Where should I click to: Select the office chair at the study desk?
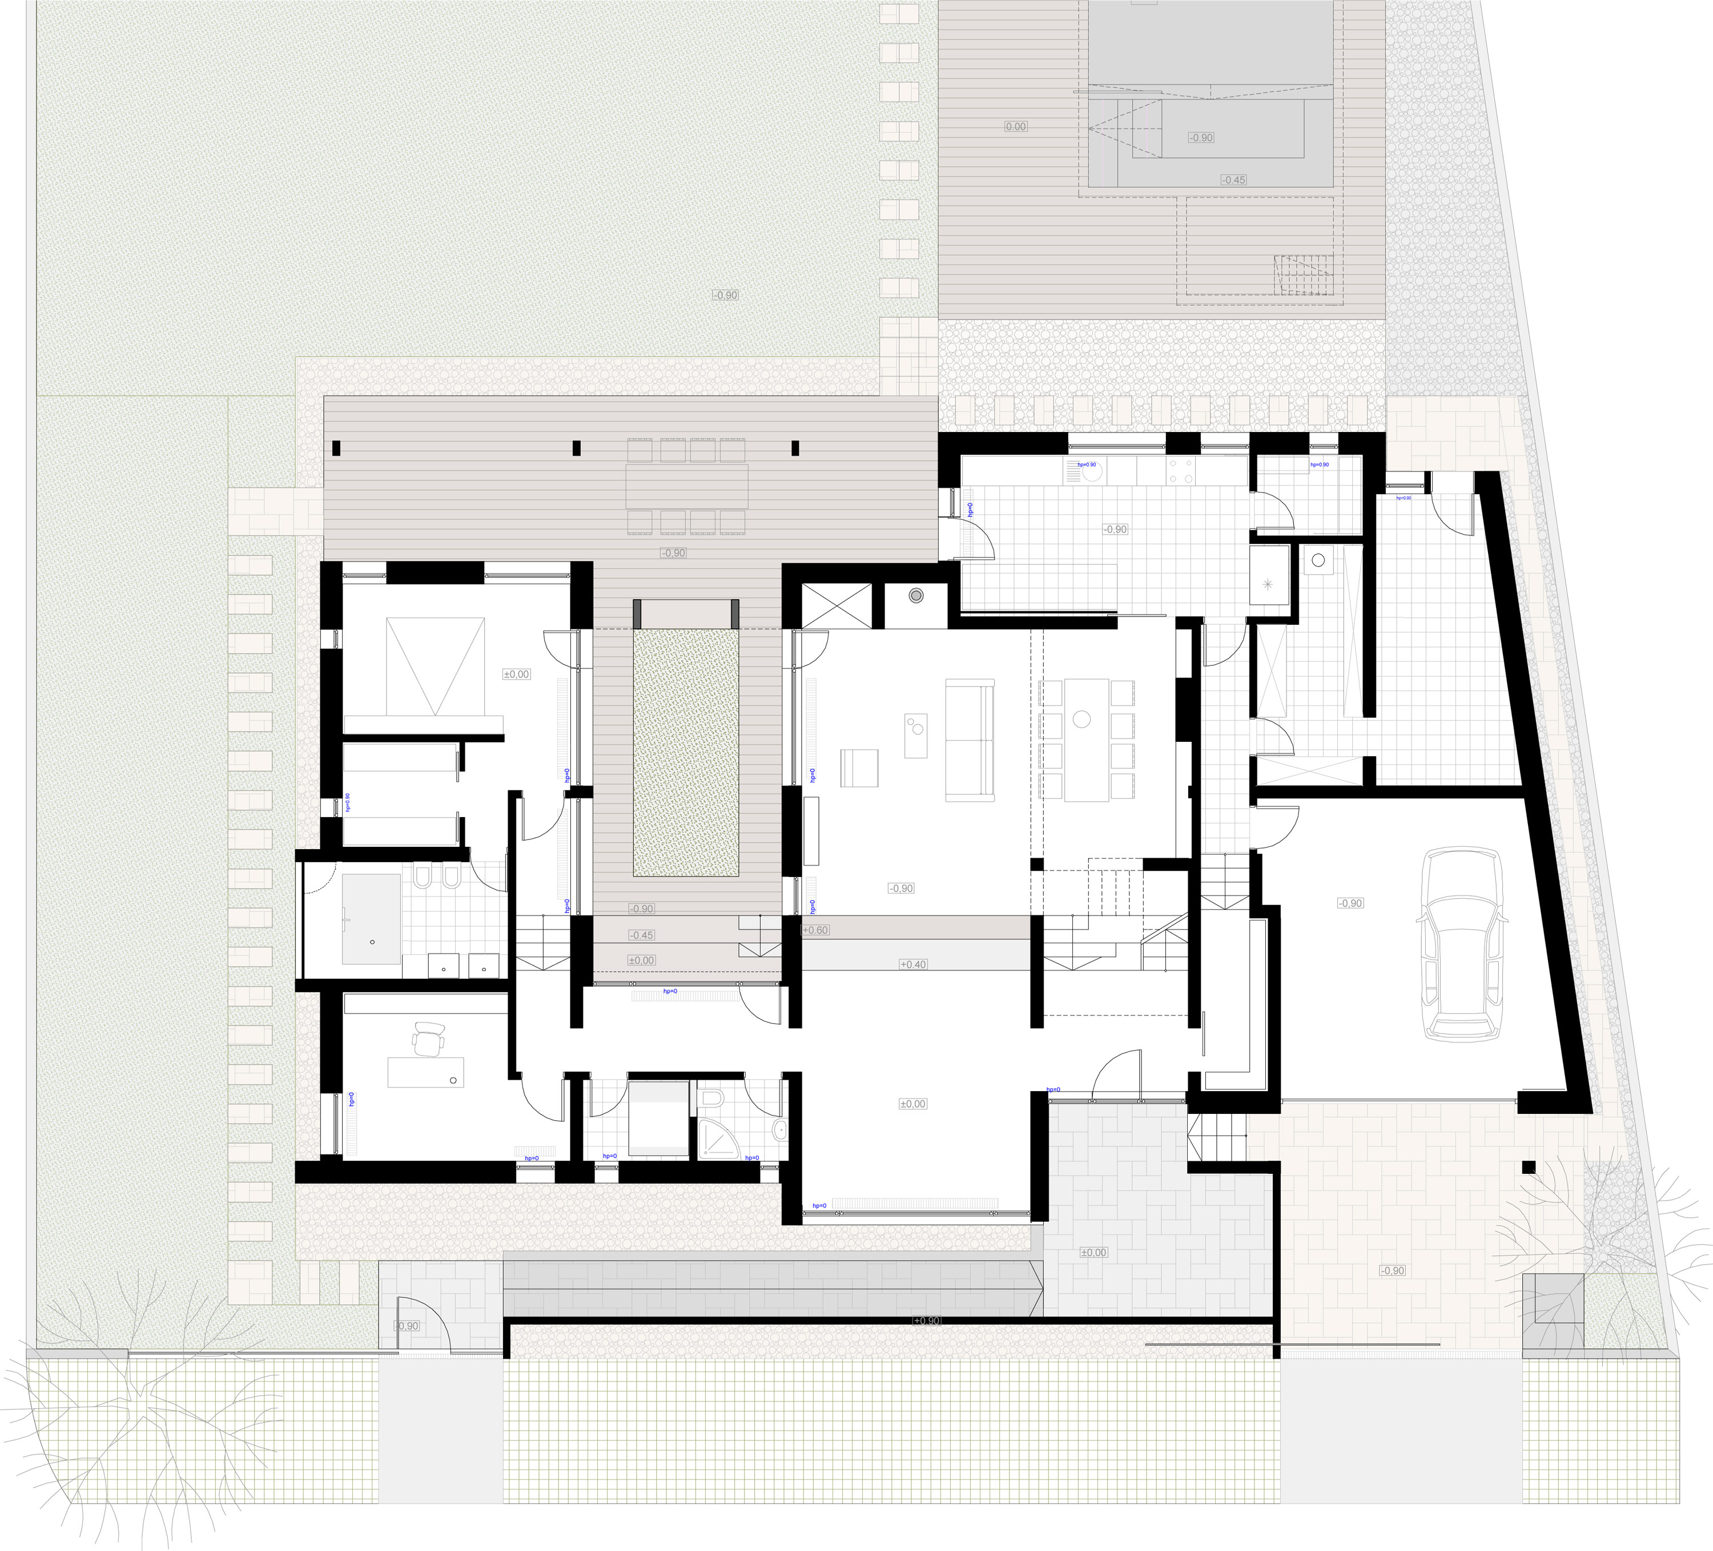pos(429,1038)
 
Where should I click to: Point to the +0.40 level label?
pos(914,964)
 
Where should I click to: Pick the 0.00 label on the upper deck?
pos(1015,127)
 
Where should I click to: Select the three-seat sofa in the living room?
pos(970,740)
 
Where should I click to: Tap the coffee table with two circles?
pos(915,735)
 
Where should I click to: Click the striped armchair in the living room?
pos(858,768)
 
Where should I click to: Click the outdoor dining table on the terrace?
pos(686,486)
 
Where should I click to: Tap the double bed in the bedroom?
pos(435,667)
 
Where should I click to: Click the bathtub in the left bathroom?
pos(371,919)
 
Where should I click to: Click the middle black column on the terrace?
pos(577,447)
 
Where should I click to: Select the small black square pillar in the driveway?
pos(1529,1167)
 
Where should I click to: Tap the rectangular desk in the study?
pos(427,1071)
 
